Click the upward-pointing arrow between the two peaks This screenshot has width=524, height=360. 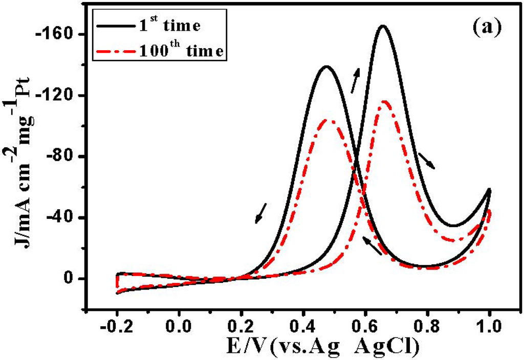point(355,80)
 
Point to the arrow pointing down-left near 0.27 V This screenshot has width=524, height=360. point(261,213)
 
